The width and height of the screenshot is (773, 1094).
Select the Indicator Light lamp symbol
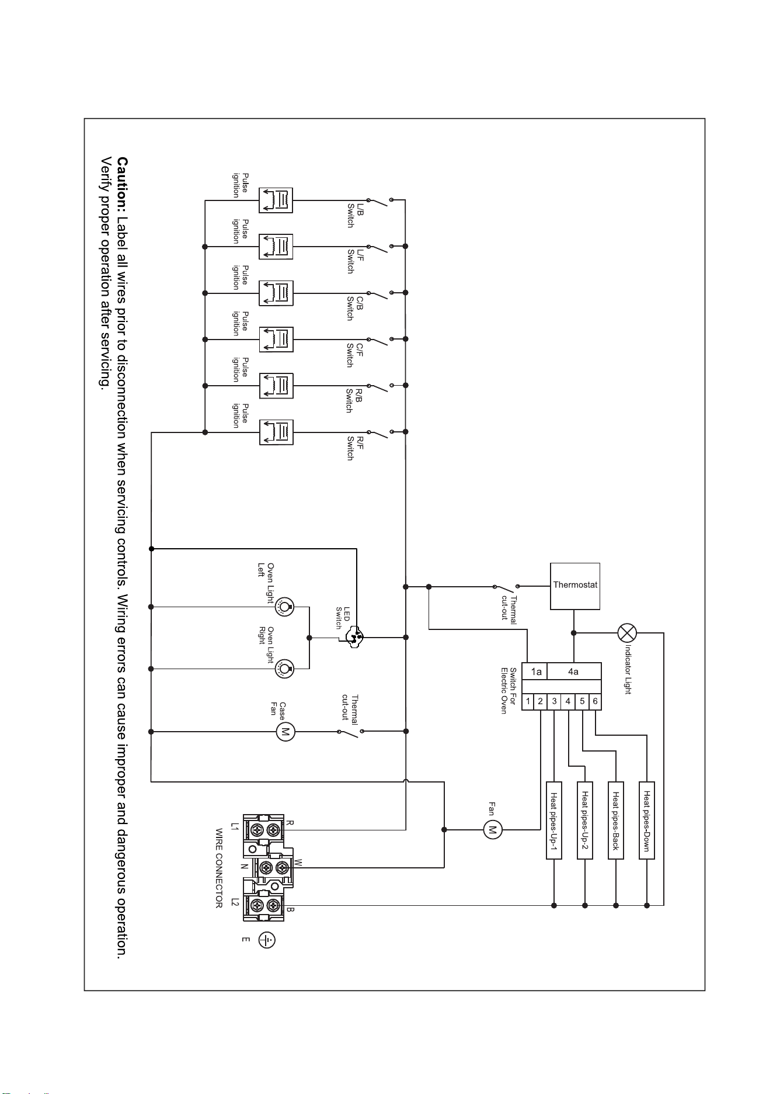pos(627,633)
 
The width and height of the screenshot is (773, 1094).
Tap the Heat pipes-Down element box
pos(647,820)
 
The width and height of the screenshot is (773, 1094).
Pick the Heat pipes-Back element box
pos(616,820)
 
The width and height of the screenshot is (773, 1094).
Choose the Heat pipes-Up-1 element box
pos(554,820)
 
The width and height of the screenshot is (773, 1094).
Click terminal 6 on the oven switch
pos(595,701)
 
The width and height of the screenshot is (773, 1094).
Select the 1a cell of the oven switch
pos(534,671)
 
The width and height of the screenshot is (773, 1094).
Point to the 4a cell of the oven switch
pos(574,671)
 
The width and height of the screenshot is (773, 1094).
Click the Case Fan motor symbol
pos(285,732)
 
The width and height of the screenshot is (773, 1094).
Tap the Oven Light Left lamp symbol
pos(284,608)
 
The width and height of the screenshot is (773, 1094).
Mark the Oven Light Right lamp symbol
pos(284,669)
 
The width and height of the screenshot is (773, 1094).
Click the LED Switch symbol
pos(353,637)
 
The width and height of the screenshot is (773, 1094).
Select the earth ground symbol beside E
pos(267,940)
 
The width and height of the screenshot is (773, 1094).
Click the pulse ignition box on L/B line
pos(276,200)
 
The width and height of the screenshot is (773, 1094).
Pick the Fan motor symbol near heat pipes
pos(493,829)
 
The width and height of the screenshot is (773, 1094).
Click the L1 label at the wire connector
pos(235,827)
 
